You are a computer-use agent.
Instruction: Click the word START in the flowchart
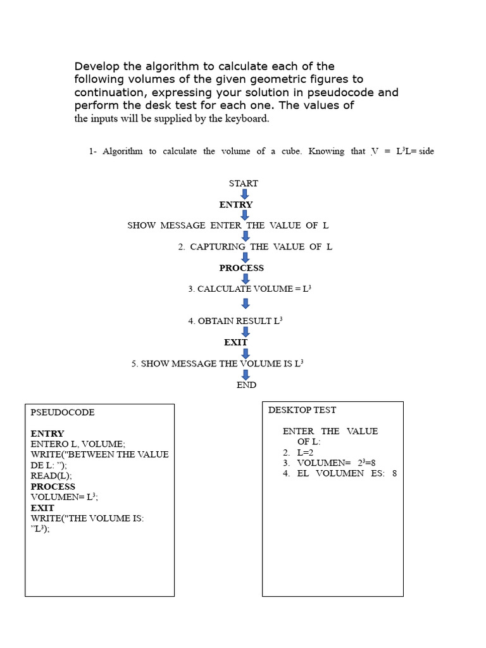coord(244,183)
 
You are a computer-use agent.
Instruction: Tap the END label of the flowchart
coord(246,385)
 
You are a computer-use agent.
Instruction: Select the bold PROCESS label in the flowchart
coord(241,268)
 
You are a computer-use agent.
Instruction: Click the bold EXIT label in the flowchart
coord(235,342)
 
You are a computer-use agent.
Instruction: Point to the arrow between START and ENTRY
coord(245,194)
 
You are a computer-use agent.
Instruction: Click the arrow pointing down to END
coord(246,375)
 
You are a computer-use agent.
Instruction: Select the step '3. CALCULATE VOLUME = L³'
coord(249,289)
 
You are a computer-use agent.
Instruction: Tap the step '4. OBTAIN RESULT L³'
coord(235,321)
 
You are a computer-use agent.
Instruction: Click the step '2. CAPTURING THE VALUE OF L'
coord(255,247)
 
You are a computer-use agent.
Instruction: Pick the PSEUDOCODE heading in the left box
coord(63,412)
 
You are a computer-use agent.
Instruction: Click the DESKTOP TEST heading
coord(302,409)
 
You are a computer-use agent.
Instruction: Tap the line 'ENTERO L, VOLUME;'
coord(78,444)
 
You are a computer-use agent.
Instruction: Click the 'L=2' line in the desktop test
coord(305,452)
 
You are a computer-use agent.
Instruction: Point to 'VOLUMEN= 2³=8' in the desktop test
coord(336,463)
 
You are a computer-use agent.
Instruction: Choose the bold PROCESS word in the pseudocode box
coord(53,487)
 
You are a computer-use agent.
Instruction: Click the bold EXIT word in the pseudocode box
coord(42,508)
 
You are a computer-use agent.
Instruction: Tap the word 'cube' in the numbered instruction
coord(291,151)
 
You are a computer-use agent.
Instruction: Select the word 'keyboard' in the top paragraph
coord(246,118)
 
